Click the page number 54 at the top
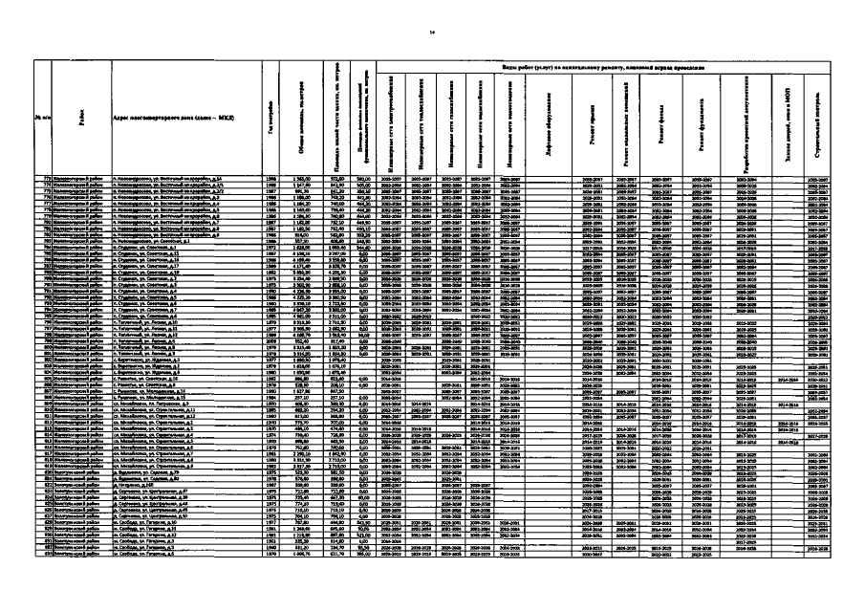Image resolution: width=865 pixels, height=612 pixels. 432,32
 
